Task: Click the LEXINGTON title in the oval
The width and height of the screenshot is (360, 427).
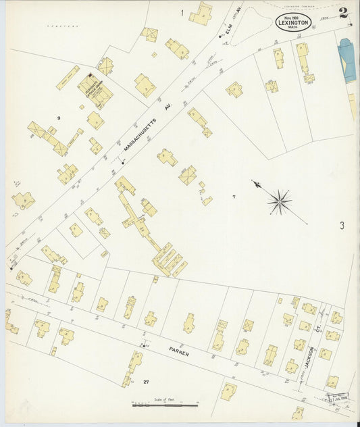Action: coord(294,22)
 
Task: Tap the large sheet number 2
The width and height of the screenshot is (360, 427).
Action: coord(344,11)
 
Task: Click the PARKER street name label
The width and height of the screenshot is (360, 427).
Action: coord(179,353)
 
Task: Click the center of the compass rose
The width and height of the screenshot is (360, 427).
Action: coord(280,201)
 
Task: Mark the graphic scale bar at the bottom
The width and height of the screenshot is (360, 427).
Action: coord(165,405)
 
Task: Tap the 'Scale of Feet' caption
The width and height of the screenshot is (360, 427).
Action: coord(165,400)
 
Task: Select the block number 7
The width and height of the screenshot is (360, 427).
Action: coord(234,197)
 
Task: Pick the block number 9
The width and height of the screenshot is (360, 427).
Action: coord(59,118)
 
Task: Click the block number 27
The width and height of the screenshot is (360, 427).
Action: coord(146,382)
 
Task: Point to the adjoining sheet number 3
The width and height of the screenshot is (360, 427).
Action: coord(342,226)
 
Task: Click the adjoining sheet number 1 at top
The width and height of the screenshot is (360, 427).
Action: coord(182,12)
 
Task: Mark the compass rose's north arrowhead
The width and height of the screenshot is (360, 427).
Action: coord(255,182)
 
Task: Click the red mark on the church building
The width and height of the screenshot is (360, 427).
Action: coord(90,75)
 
